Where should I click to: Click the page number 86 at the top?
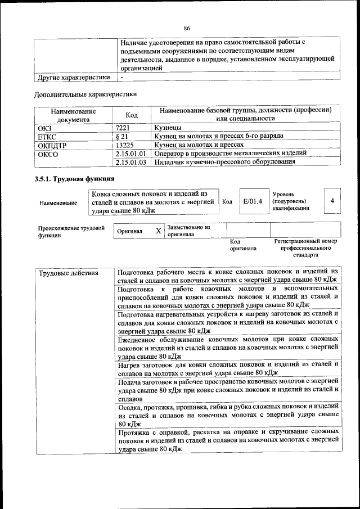click(186, 29)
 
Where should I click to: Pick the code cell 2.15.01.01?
click(130, 153)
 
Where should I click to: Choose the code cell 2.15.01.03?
click(130, 162)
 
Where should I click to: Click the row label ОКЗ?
click(44, 128)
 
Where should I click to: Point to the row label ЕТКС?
click(47, 137)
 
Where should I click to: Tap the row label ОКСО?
click(47, 153)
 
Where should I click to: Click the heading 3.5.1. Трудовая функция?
click(75, 179)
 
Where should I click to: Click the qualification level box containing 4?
click(332, 201)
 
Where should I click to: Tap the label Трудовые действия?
click(68, 273)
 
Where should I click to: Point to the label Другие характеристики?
click(73, 77)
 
